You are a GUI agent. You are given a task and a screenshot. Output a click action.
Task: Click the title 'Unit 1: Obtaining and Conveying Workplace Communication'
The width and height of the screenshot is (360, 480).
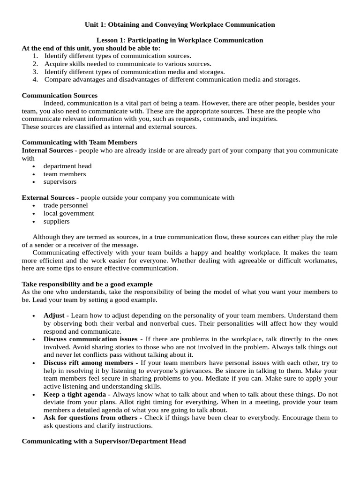tap(180, 24)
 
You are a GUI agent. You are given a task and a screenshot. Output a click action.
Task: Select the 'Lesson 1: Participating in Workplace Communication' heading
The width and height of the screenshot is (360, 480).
tap(180, 40)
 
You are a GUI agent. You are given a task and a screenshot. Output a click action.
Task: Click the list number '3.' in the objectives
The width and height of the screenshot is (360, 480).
tap(35, 72)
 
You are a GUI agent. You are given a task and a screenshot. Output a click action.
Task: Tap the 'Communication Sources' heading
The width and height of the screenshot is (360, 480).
tap(60, 95)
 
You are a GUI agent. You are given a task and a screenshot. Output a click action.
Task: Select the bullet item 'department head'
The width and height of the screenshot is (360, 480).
tap(67, 166)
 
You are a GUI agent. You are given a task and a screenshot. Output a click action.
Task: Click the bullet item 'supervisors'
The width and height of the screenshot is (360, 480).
tap(60, 181)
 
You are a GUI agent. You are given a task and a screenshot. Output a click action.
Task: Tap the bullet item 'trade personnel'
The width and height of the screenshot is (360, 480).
tap(66, 205)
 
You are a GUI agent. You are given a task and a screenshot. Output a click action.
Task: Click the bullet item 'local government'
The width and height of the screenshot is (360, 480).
tap(68, 213)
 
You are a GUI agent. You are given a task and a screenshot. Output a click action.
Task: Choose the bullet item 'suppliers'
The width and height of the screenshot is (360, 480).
tap(56, 221)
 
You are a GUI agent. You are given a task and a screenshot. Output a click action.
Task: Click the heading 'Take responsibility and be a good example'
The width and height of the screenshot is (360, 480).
tap(87, 284)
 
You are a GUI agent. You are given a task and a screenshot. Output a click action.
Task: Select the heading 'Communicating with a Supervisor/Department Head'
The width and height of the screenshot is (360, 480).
tap(104, 441)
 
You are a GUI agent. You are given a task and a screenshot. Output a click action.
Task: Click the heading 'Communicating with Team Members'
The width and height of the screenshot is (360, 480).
tap(79, 142)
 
